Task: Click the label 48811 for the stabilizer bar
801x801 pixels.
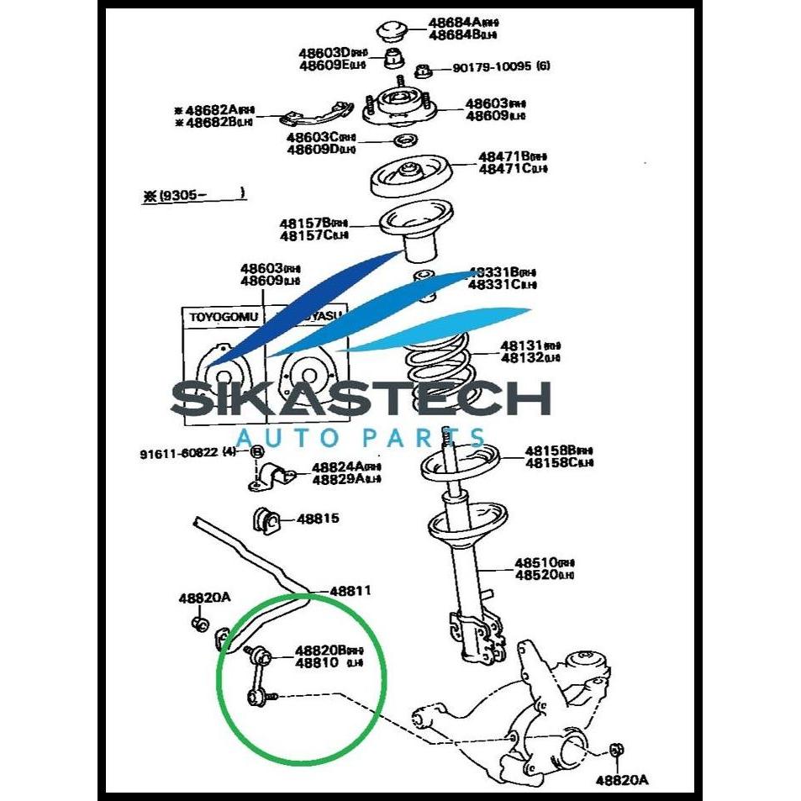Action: [350, 591]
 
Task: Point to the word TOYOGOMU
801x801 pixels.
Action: [224, 318]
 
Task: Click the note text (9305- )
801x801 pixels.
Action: [192, 194]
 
